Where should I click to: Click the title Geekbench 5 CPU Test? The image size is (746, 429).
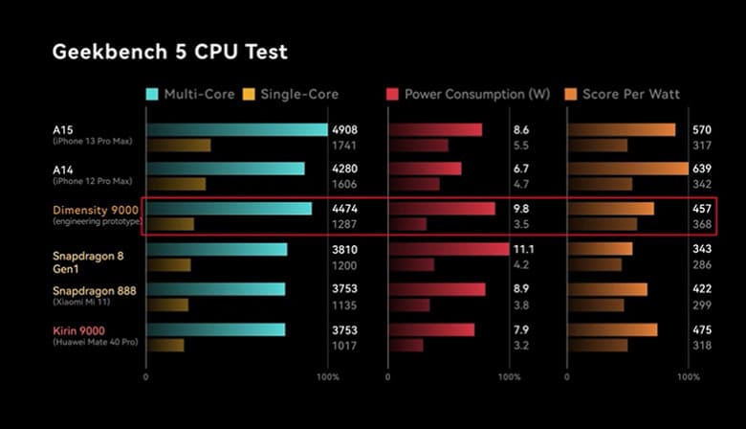click(x=169, y=51)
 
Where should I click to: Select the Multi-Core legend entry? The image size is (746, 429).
click(x=190, y=94)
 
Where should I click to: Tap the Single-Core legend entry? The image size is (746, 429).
click(x=291, y=94)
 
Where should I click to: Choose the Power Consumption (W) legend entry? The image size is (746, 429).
click(x=468, y=94)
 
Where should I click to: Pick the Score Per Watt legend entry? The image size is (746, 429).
click(x=629, y=94)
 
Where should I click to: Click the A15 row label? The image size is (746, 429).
click(x=64, y=128)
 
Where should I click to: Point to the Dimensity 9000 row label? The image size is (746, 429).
click(x=97, y=209)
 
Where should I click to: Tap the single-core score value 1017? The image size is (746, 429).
click(x=343, y=346)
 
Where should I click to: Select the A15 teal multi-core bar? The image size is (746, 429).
click(x=236, y=129)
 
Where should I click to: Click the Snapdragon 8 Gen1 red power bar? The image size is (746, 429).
click(x=449, y=249)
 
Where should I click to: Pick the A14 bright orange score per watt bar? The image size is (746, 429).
click(x=627, y=169)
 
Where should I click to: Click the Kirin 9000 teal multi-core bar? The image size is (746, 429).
click(x=215, y=330)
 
